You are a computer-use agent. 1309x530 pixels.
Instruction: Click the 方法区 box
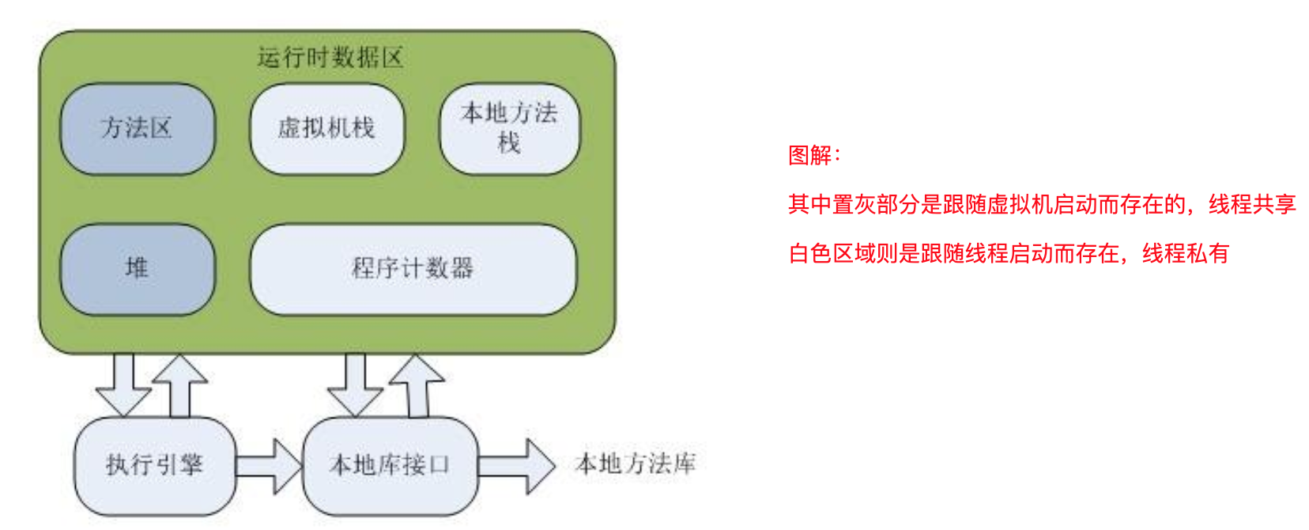point(137,128)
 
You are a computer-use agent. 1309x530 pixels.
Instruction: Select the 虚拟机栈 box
point(326,128)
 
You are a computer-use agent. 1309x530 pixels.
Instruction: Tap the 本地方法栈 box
point(509,128)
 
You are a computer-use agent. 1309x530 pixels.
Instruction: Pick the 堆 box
point(137,268)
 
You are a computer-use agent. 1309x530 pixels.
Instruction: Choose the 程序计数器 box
point(413,268)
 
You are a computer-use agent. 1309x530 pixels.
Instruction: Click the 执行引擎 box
point(154,465)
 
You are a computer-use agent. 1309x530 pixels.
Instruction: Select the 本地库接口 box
point(390,465)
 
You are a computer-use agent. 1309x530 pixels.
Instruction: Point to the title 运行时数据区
point(330,58)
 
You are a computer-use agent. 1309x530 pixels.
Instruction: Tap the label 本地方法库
point(636,464)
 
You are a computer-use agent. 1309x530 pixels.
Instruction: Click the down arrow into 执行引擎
point(123,384)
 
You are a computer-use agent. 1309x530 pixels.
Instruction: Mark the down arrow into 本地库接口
point(356,384)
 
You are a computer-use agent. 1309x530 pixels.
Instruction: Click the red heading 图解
point(814,155)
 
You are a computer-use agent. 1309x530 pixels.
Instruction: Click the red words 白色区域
point(832,253)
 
